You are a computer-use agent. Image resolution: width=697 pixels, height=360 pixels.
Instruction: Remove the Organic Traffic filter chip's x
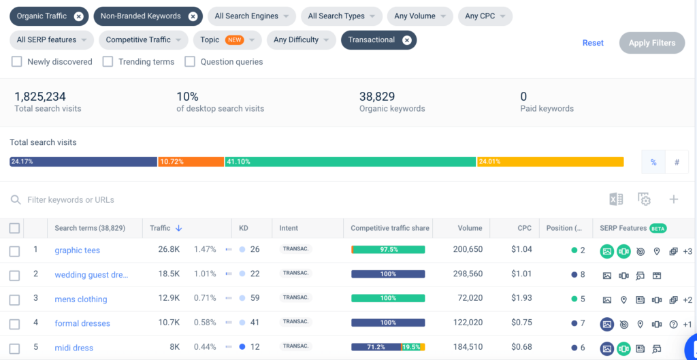pos(79,16)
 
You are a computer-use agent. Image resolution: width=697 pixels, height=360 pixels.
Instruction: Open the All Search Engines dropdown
pos(251,16)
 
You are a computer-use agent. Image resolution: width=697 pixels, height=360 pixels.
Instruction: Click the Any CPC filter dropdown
pos(485,16)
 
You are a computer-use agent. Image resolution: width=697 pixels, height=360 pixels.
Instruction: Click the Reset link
pos(593,43)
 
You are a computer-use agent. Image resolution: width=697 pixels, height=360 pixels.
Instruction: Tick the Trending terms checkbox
pos(108,62)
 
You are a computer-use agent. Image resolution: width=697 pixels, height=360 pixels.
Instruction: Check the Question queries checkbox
pos(190,62)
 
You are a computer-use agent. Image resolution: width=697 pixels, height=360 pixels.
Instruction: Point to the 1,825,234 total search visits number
pos(40,97)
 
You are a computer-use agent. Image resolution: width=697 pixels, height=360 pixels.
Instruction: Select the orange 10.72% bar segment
pos(191,162)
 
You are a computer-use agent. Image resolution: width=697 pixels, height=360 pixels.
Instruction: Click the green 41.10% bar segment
pos(350,162)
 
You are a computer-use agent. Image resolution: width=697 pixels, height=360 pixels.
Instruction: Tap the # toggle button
pos(677,163)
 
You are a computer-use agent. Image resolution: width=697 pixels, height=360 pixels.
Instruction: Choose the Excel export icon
pos(616,199)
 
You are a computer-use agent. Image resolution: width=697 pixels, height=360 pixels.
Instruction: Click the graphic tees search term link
pos(78,250)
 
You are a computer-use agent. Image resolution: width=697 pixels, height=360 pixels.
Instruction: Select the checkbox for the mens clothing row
pos(15,299)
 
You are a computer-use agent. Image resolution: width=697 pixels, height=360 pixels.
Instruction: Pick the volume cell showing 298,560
pos(468,274)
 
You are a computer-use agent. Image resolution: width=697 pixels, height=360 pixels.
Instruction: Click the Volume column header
pos(470,228)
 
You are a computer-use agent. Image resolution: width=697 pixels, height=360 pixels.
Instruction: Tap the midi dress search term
pos(74,348)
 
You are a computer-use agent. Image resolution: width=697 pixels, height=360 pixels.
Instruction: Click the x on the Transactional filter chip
pos(406,40)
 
